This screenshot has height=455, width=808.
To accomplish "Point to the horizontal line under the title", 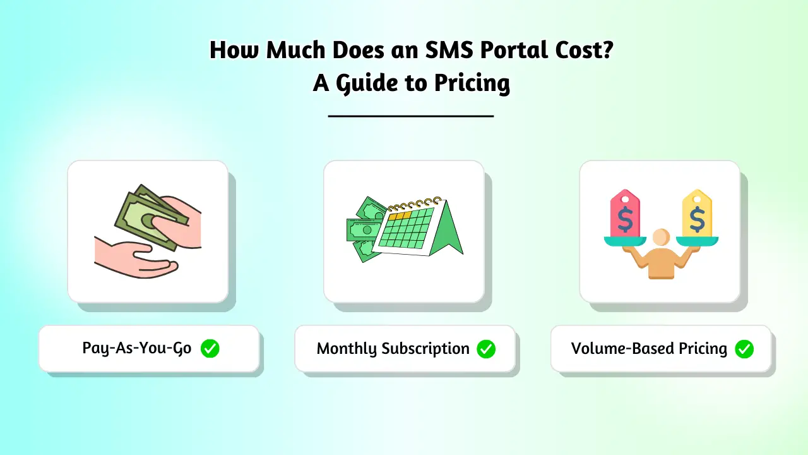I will click(411, 116).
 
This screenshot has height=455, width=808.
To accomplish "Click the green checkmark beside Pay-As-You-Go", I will click(210, 348).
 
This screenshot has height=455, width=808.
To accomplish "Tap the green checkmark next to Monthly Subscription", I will click(486, 348).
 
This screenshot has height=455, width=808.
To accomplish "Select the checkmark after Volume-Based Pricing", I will click(744, 348).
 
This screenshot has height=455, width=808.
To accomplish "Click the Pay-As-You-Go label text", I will click(137, 348).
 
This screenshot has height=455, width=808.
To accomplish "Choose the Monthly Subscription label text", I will click(393, 348).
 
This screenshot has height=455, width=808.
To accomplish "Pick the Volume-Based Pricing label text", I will click(649, 348).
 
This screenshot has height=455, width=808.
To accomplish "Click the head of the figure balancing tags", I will click(661, 238).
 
